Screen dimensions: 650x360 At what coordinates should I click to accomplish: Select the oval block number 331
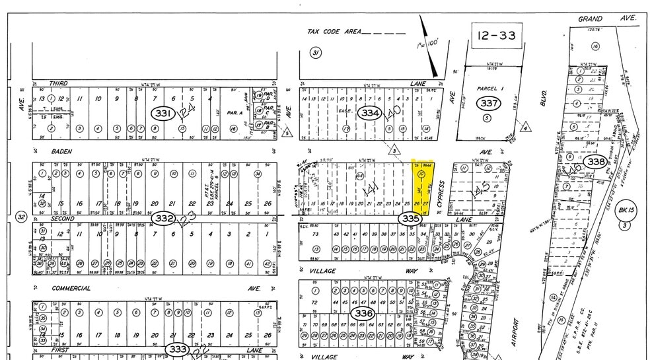coord(162,113)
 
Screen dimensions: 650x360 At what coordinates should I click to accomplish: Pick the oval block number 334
coord(371,113)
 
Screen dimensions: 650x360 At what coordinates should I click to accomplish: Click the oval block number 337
coord(489,103)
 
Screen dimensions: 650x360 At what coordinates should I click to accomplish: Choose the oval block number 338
coord(596,161)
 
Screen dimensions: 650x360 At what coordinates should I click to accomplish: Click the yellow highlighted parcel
coord(423,188)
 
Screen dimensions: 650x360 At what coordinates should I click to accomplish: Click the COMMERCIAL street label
coord(71,288)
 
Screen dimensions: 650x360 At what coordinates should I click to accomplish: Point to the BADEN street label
coord(61,151)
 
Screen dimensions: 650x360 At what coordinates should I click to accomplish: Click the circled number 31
coord(316,53)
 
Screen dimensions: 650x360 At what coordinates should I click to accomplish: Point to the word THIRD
coord(59,83)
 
